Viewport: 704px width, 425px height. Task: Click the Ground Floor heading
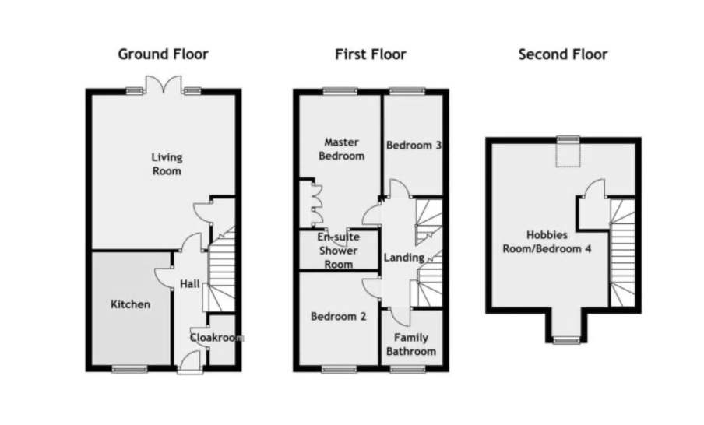coord(163,54)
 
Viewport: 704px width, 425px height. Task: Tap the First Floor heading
coord(371,54)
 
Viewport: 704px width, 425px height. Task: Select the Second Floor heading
coord(563,54)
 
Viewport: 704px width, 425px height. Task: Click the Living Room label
coord(167,163)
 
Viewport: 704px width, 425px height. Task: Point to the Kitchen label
coord(130,304)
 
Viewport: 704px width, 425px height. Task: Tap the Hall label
coord(190,283)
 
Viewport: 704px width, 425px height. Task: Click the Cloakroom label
coord(216,338)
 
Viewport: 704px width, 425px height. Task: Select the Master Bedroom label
coord(341,149)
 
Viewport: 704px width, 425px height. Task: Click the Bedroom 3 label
coord(414,145)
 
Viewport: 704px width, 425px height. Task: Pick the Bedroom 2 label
coord(339,316)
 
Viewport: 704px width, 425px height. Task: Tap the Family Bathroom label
coord(411,344)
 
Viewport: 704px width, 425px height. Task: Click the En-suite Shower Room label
coord(339,251)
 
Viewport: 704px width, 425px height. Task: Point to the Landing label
coord(404,258)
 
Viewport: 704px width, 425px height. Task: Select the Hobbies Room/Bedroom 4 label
coord(547,241)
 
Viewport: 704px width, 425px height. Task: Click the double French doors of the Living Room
coord(164,85)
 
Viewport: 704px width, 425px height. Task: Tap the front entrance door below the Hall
coord(190,363)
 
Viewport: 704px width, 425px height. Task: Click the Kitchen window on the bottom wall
coord(129,369)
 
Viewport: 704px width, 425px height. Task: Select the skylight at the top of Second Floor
coord(568,152)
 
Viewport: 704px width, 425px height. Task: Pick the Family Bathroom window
coord(407,369)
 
